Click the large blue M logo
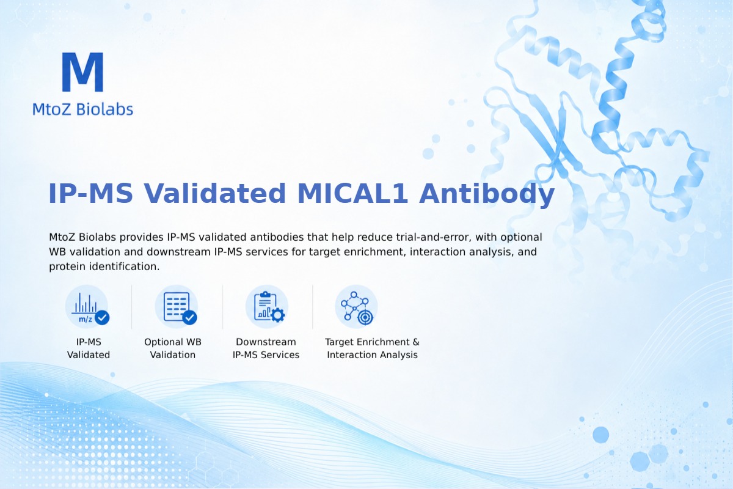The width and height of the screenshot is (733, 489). [x=82, y=72]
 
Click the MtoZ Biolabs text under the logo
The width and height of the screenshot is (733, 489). [x=82, y=109]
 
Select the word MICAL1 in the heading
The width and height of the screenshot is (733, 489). [x=352, y=194]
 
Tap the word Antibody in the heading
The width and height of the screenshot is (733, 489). [x=487, y=194]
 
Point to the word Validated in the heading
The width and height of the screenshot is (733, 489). [x=215, y=194]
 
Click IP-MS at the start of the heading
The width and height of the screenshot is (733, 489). [x=90, y=194]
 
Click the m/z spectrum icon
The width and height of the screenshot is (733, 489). [x=87, y=307]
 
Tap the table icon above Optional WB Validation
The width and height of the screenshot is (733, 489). [x=177, y=307]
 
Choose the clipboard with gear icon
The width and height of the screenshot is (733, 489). [x=267, y=307]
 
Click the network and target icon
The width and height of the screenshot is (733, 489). [x=356, y=307]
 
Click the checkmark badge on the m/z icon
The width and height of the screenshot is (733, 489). [x=102, y=317]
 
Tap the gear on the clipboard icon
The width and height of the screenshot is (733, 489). [x=278, y=315]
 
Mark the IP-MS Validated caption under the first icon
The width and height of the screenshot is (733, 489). [x=89, y=348]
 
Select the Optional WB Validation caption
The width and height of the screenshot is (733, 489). [x=173, y=348]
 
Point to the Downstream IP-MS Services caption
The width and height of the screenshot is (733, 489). [x=266, y=348]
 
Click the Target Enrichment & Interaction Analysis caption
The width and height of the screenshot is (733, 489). [x=372, y=348]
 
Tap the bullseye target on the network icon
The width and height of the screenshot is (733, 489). [x=365, y=317]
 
